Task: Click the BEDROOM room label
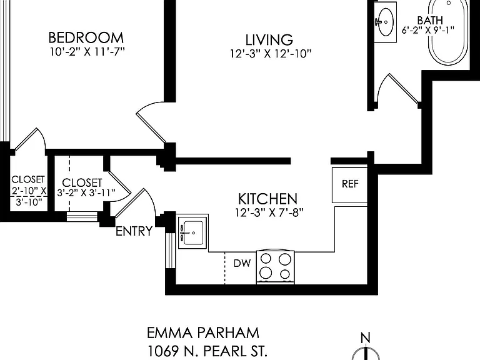pyautogui.click(x=86, y=37)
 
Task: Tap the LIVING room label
pyautogui.click(x=269, y=40)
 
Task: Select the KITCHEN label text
pyautogui.click(x=268, y=199)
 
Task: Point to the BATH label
pyautogui.click(x=430, y=20)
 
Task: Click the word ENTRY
pyautogui.click(x=134, y=231)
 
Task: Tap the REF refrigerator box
pyautogui.click(x=349, y=185)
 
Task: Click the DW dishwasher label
pyautogui.click(x=242, y=263)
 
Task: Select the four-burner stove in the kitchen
pyautogui.click(x=275, y=267)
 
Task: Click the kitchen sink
pyautogui.click(x=193, y=231)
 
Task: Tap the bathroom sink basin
pyautogui.click(x=386, y=22)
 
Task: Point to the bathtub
pyautogui.click(x=448, y=32)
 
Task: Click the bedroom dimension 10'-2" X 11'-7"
pyautogui.click(x=87, y=51)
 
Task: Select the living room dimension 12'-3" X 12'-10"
pyautogui.click(x=271, y=54)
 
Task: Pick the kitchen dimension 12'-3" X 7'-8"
pyautogui.click(x=269, y=212)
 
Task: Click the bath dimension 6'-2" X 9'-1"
pyautogui.click(x=427, y=30)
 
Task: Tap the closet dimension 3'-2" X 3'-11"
pyautogui.click(x=86, y=193)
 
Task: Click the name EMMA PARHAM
pyautogui.click(x=203, y=333)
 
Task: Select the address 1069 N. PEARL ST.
pyautogui.click(x=207, y=351)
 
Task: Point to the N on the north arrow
pyautogui.click(x=366, y=338)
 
